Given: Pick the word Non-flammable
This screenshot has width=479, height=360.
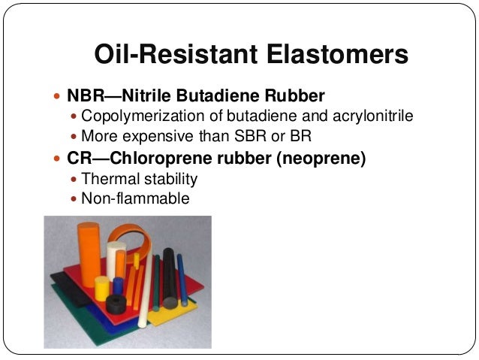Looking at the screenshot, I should [135, 199].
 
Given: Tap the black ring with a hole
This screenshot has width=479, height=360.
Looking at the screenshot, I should [116, 304].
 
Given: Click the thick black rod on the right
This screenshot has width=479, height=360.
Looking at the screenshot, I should [170, 277].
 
